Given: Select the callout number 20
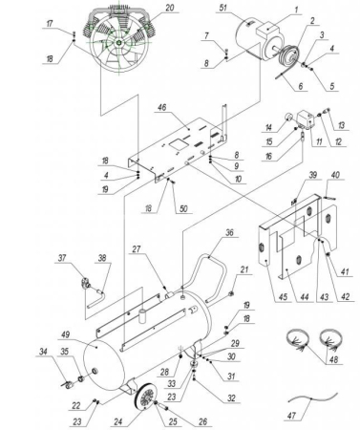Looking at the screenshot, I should point(170,9).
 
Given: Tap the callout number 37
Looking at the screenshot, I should point(62,259).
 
